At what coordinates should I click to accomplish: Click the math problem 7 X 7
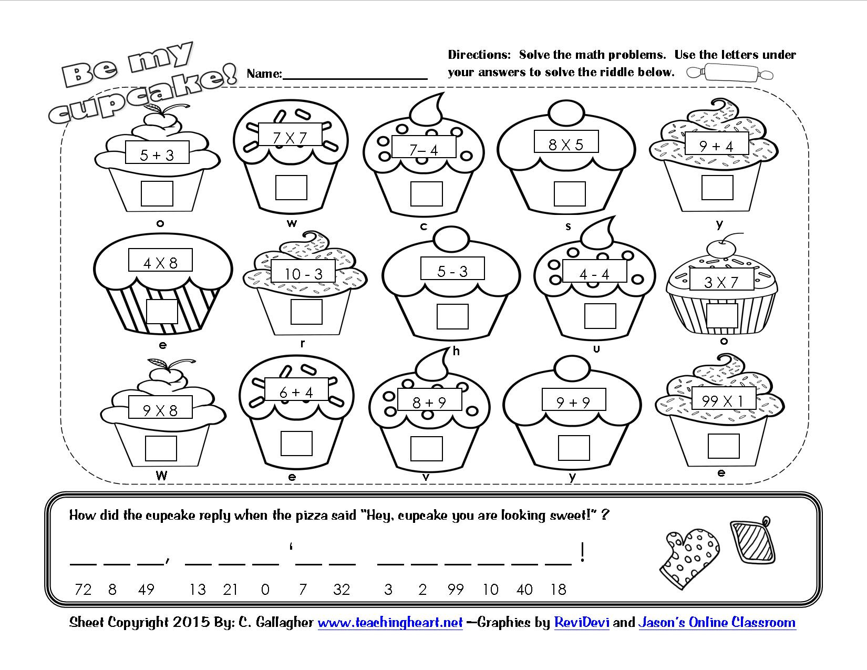coord(290,138)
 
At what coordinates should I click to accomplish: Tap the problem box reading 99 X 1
coord(724,400)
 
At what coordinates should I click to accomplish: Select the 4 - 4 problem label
coord(594,274)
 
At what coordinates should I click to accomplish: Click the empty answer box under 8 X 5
coord(570,194)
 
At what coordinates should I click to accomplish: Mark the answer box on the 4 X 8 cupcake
coord(162,311)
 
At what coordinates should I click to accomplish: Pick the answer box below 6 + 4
coord(296,443)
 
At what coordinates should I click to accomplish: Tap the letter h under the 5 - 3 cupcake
coord(456,352)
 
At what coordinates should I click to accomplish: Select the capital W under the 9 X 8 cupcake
coord(161,476)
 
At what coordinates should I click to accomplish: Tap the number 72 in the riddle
coord(83,590)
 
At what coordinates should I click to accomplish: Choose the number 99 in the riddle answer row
coord(455,590)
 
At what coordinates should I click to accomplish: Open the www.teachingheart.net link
coord(390,623)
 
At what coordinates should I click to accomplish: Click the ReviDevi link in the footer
coord(581,623)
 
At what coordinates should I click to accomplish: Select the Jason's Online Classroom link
coord(717,623)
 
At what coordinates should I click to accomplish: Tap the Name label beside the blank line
coord(264,74)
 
